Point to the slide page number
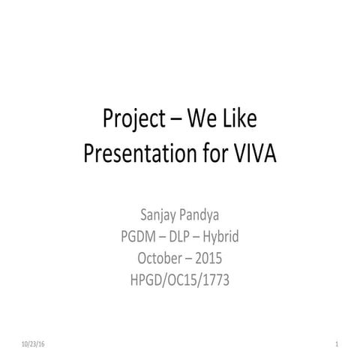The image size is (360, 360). [x=338, y=343]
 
